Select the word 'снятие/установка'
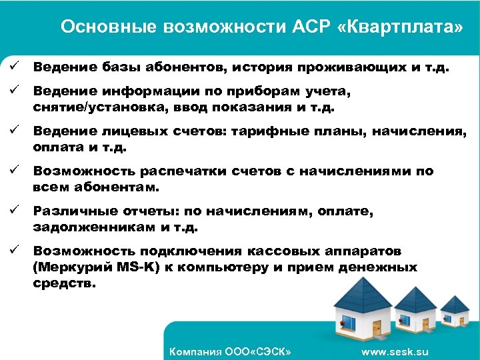[90, 107]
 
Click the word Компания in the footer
[194, 351]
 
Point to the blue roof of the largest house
[363, 291]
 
